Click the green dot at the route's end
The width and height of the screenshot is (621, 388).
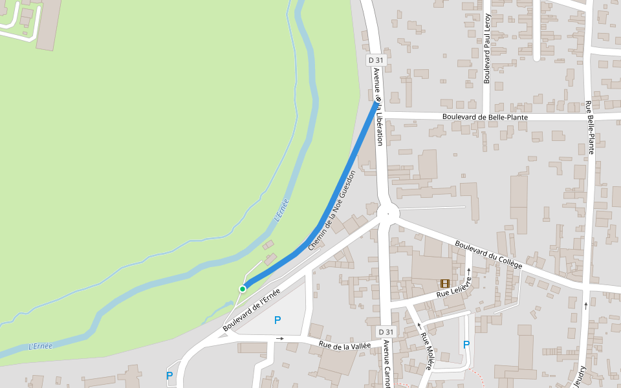[x=243, y=288]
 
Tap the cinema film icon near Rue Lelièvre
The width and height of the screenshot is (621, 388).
[x=445, y=283]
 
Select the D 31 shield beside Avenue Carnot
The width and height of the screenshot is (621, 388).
[x=385, y=332]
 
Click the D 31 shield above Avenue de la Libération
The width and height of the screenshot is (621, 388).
[x=376, y=60]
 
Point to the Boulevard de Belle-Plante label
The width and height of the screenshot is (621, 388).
[x=485, y=117]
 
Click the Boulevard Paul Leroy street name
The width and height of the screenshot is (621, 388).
[x=487, y=49]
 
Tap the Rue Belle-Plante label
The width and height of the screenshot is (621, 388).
[x=589, y=127]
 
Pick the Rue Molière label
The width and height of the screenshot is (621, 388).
[x=426, y=350]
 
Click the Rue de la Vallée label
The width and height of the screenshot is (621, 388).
[x=345, y=346]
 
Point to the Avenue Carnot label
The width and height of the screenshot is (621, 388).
[x=387, y=363]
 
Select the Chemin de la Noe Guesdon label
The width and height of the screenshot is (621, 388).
[x=331, y=211]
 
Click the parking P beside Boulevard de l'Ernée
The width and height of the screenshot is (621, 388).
[x=278, y=319]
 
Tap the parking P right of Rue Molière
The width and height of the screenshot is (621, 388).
[x=466, y=345]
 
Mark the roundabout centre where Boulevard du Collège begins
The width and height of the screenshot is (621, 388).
[x=387, y=212]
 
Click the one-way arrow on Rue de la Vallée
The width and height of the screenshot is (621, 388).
[x=279, y=338]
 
